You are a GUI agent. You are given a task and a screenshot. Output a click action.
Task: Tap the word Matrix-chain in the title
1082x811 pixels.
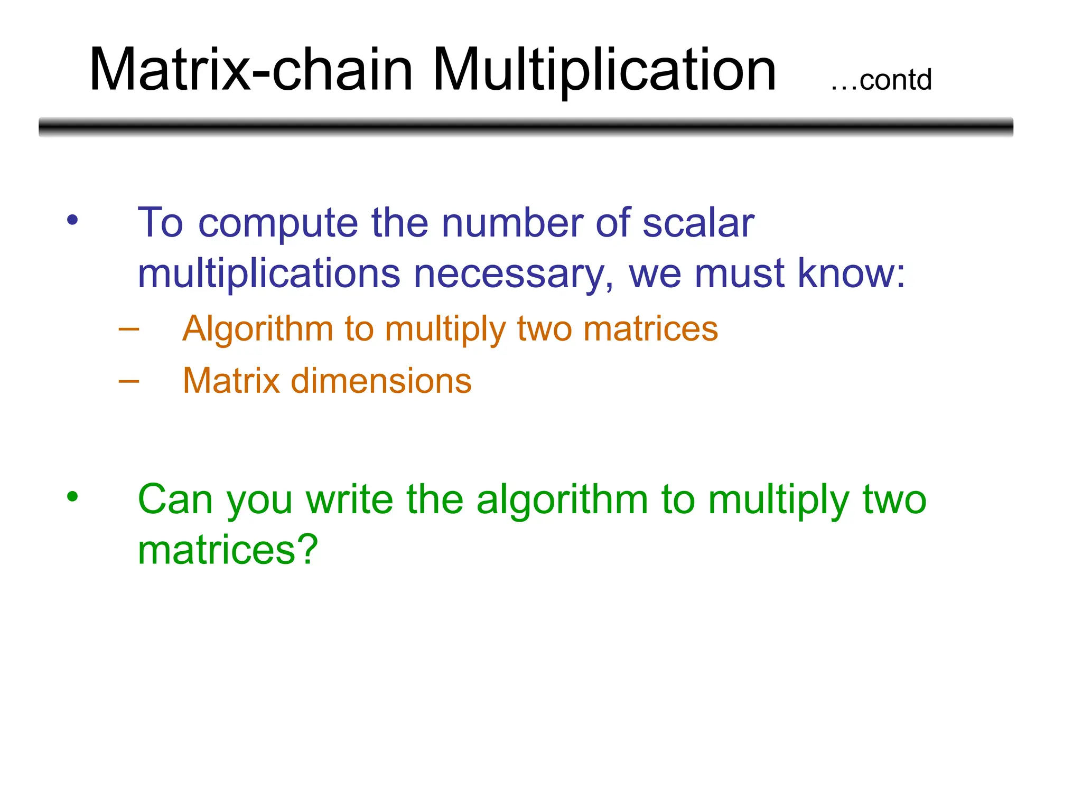coord(251,70)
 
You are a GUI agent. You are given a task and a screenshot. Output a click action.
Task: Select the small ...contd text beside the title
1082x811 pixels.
coord(881,81)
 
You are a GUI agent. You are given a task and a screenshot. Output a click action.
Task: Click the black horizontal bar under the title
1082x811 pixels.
coord(526,127)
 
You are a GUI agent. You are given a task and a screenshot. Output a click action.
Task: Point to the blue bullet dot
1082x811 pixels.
coord(72,220)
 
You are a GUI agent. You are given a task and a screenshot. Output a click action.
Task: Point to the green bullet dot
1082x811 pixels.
coord(72,496)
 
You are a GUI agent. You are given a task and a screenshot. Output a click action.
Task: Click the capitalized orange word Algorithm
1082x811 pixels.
coord(257,329)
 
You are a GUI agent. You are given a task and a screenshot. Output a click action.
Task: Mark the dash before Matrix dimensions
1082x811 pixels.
coord(129,381)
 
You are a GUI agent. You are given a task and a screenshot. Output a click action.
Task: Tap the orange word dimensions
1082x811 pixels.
coord(381,381)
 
